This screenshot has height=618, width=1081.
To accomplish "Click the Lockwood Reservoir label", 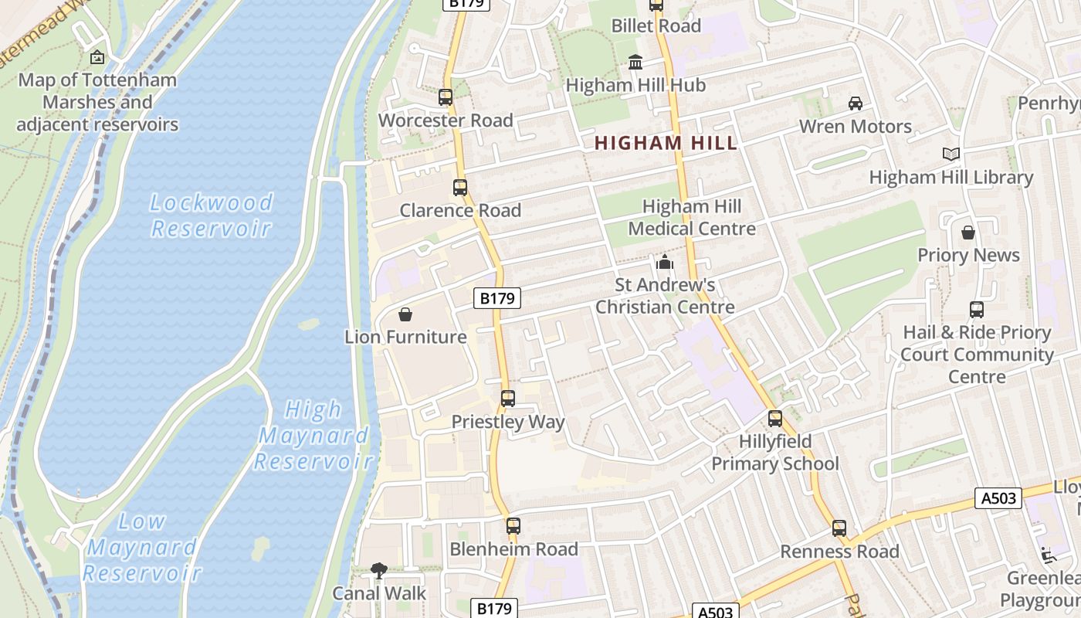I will (211, 216).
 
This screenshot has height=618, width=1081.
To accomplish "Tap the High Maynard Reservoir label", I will (313, 436).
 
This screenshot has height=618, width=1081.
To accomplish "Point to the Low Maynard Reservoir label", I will (142, 547).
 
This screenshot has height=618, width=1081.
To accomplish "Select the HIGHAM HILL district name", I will (666, 143).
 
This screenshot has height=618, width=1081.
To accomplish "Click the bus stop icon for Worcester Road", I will (446, 97).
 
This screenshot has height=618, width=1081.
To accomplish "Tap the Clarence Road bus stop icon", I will (460, 188).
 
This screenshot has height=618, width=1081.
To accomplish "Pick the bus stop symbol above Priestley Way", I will (508, 399).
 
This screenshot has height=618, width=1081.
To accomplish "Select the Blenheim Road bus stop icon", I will (513, 526).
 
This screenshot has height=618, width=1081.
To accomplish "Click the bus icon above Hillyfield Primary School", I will (775, 419).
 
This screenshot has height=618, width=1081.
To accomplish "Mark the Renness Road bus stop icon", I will (839, 529).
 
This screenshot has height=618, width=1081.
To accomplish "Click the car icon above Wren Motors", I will (856, 104).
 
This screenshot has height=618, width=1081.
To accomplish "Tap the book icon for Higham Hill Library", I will (951, 154).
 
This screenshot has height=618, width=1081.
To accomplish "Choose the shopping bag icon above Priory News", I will (968, 233).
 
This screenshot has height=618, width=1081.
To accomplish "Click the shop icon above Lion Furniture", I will (405, 314).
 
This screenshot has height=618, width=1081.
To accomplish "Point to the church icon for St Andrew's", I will (665, 263).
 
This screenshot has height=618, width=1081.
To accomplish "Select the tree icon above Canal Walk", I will (378, 571).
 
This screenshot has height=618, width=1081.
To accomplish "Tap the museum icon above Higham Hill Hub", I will (635, 63).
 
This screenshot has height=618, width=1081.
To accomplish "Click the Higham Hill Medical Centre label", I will (692, 218).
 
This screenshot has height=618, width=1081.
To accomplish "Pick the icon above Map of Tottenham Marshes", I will (97, 57).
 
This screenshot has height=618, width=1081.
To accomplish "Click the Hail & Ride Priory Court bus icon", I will (977, 310).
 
